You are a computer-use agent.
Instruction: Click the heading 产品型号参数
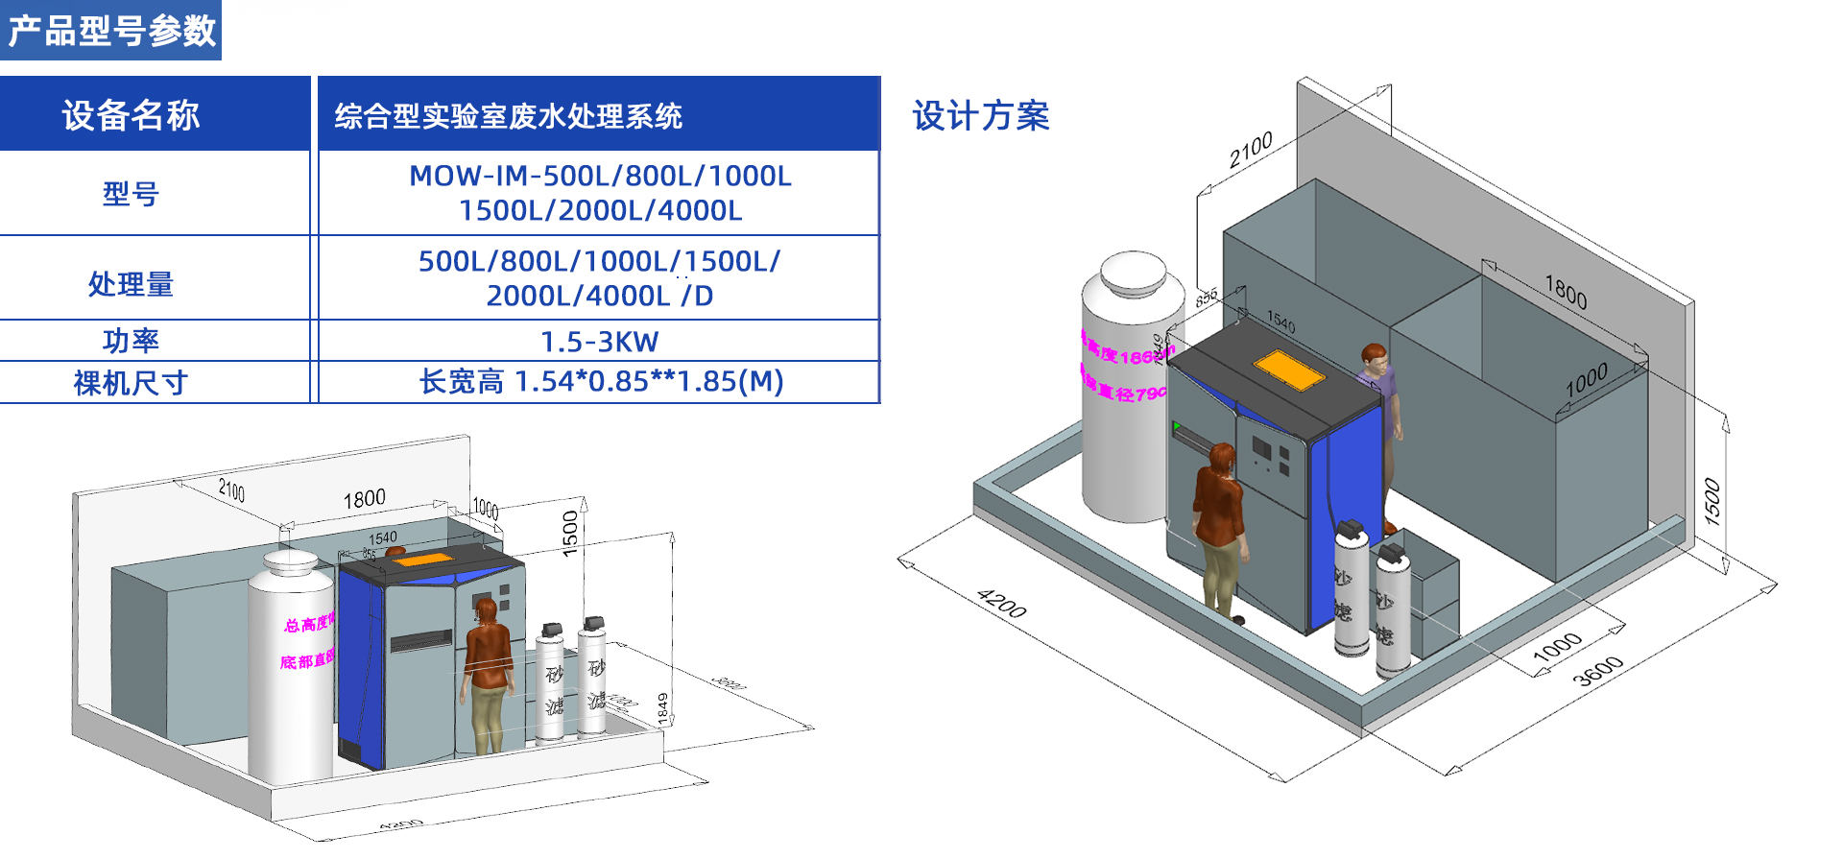(111, 31)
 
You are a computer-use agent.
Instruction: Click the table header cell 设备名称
(131, 115)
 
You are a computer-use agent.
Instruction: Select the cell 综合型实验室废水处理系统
(508, 116)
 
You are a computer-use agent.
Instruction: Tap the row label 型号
(131, 194)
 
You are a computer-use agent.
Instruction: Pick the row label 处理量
(131, 284)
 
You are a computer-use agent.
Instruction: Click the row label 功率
(131, 341)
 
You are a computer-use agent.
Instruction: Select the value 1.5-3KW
(599, 342)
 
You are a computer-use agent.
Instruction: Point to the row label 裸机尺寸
(131, 383)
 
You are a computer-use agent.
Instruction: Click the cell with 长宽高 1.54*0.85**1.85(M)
(601, 382)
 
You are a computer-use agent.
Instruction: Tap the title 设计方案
(980, 116)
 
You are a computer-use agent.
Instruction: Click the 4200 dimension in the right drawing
(1001, 604)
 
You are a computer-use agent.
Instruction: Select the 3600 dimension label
(1598, 671)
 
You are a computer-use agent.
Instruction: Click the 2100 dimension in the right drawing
(1251, 150)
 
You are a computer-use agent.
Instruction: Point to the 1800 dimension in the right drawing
(1566, 291)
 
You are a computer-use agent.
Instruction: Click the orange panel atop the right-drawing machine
(1288, 370)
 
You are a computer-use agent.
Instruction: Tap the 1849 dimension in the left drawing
(662, 708)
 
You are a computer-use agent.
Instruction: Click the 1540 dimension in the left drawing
(382, 538)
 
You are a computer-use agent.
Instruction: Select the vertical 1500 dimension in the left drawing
(570, 534)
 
